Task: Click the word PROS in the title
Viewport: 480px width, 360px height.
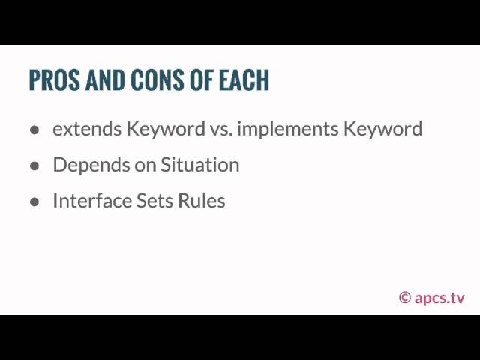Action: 55,80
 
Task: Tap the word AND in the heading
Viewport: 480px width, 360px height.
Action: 105,80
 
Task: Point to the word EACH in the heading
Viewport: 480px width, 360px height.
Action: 244,80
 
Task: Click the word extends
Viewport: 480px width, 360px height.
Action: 87,128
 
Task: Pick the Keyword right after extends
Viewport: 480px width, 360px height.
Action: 166,130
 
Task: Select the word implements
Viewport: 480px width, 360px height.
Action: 288,130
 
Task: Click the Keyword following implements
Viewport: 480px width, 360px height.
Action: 382,130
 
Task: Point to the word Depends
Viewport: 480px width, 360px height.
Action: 91,166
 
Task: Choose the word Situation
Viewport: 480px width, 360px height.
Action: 200,165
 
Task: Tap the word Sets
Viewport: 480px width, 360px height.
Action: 154,201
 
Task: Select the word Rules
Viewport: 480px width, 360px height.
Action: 202,201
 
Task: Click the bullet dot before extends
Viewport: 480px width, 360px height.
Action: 34,130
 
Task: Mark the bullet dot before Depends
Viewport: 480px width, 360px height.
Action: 34,166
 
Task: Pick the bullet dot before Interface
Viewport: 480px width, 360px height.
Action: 34,202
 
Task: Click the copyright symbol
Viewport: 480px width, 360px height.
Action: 405,298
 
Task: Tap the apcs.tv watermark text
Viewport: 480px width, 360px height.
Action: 439,298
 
